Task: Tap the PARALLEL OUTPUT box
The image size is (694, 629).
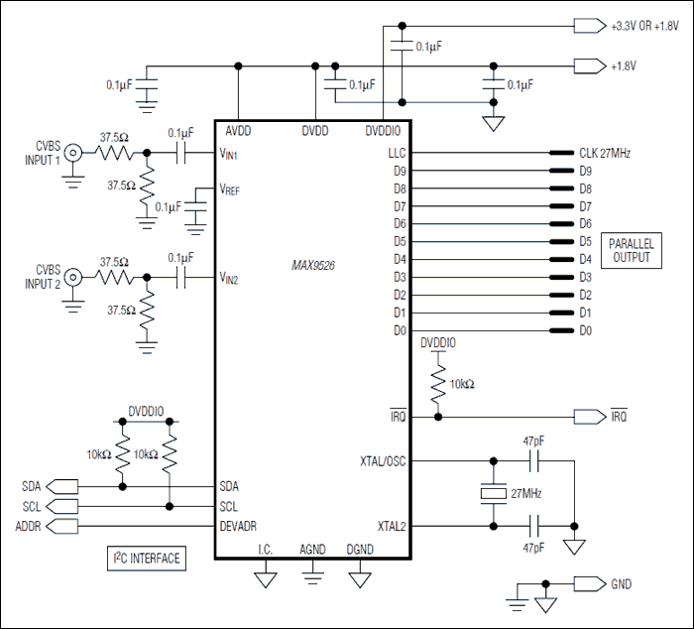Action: tap(630, 249)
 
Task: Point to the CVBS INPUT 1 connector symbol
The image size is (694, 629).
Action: tap(73, 154)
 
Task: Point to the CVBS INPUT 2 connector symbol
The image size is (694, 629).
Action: tap(73, 280)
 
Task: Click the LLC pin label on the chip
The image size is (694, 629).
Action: tap(397, 154)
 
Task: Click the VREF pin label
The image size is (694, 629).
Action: tap(231, 189)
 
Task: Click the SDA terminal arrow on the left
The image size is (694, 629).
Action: tap(63, 486)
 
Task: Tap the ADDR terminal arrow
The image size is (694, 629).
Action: tap(63, 526)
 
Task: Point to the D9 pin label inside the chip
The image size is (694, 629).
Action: tap(400, 171)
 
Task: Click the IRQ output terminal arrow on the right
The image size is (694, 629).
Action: tap(588, 417)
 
